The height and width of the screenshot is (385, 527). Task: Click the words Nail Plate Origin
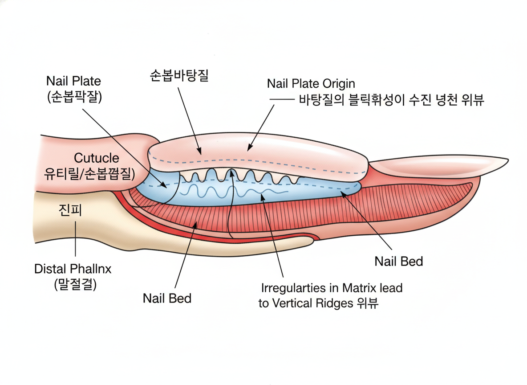click(311, 83)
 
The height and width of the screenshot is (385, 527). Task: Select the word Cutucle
click(97, 158)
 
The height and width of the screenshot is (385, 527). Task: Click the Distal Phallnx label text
click(73, 269)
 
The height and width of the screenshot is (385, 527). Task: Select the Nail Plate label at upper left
click(73, 81)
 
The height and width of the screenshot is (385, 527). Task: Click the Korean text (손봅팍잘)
click(74, 96)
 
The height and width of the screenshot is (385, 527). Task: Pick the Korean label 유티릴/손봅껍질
click(89, 173)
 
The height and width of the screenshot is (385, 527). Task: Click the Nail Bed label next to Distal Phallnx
click(167, 298)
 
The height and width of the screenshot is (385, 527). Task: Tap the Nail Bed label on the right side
click(398, 261)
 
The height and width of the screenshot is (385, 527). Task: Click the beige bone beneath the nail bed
click(89, 223)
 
